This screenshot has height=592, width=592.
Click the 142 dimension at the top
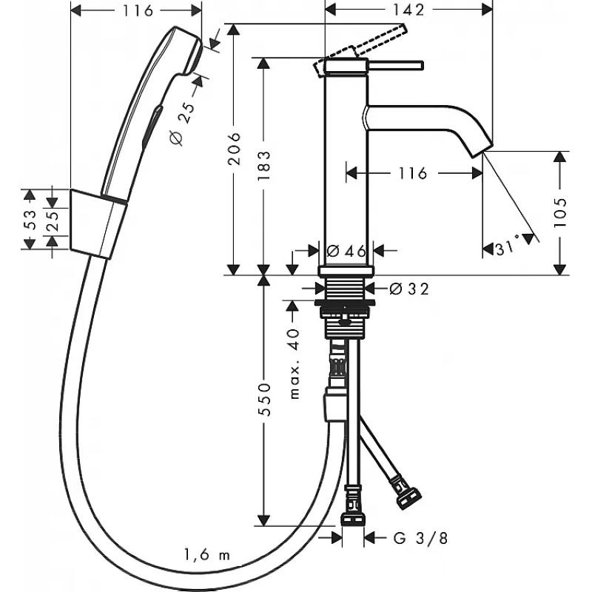coord(408,10)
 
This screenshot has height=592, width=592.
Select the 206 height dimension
coord(234,149)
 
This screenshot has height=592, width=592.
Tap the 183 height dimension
coord(264,166)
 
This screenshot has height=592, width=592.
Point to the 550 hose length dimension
coord(264,400)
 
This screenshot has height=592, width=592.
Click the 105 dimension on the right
coord(560,212)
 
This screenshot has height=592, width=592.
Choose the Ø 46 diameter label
coord(346,250)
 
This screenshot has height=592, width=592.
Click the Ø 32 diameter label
coord(409,289)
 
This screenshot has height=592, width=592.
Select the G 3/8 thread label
coord(420,538)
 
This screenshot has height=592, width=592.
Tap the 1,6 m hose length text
coord(207,554)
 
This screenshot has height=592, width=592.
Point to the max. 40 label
coord(294,364)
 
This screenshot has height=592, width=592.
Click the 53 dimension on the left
coord(30,220)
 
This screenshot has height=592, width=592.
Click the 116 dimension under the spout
coord(412,173)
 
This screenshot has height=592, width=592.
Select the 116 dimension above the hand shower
coord(138,10)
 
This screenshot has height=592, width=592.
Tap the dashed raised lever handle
coord(360,50)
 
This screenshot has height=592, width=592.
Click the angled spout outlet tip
coord(482,150)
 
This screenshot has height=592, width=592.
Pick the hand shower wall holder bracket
coord(98,224)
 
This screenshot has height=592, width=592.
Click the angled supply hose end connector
coord(408,493)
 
